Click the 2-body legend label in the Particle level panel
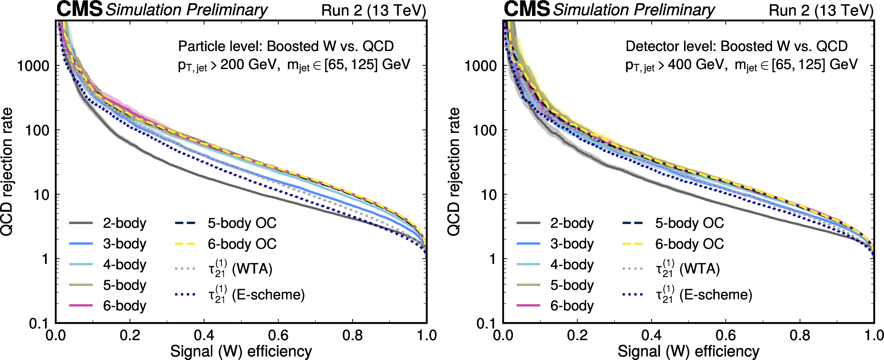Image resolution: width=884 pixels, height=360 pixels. coord(124,223)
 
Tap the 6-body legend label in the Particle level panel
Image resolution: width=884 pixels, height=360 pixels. coord(124,305)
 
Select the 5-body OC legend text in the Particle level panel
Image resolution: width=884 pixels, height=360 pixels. coord(242,223)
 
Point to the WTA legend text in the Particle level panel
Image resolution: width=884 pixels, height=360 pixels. coord(252,269)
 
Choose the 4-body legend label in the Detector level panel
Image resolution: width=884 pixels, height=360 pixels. coord(572,265)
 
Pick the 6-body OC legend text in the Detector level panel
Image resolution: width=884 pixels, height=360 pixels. coord(689,244)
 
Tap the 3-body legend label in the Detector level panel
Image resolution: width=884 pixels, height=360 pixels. coord(572,244)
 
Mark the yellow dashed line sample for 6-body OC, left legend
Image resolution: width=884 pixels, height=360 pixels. coord(185,244)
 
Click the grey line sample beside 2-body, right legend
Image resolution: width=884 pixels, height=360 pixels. coord(528,223)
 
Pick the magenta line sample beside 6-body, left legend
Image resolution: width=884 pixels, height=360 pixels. coord(81,305)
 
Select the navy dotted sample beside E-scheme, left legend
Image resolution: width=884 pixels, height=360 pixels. coord(185,294)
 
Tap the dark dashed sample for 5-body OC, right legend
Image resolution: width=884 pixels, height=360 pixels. coord(632,223)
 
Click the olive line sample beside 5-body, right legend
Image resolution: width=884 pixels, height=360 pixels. coord(528,285)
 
